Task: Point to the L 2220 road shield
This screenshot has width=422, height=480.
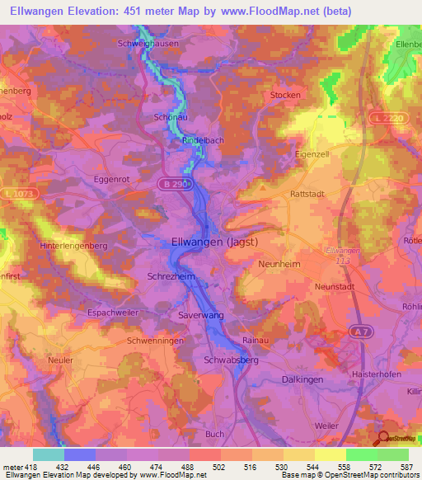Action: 384,118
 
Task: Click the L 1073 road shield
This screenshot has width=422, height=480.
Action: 28,193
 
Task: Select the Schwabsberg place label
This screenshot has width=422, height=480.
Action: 231,360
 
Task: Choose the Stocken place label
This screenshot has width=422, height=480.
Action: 285,96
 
